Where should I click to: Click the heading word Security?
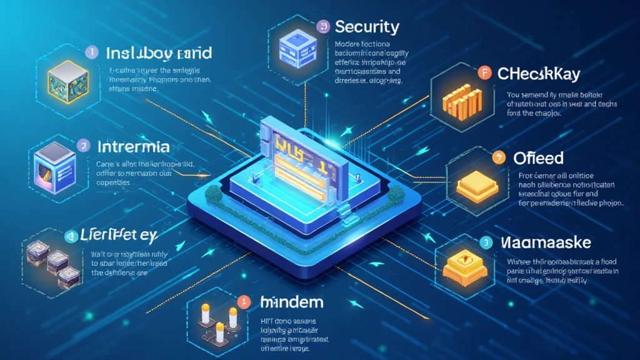[367, 27]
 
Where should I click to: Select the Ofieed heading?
[537, 157]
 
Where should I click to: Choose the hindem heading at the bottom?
[292, 302]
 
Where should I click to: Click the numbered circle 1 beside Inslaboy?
[91, 52]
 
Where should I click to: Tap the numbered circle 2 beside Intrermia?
[84, 145]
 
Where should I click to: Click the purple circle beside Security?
[322, 26]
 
